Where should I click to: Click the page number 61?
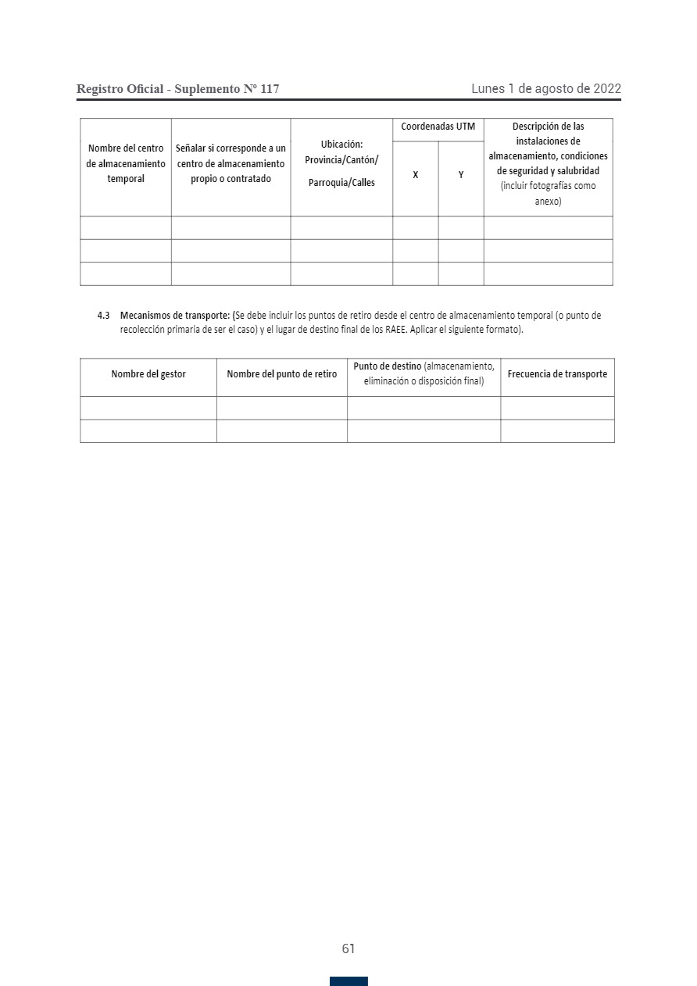tap(348, 948)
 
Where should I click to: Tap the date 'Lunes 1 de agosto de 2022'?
tap(545, 89)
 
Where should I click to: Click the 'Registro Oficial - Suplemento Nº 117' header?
tap(177, 89)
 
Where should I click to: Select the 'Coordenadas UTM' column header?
tap(438, 127)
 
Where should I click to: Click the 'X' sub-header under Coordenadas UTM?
tap(415, 175)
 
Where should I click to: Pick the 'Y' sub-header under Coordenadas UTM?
tap(461, 175)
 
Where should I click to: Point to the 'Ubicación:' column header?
tap(341, 145)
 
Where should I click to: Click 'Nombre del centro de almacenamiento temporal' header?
tap(126, 163)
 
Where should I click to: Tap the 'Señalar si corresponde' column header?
tap(231, 163)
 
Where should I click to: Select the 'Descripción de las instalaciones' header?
tap(548, 148)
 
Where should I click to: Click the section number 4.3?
tap(103, 316)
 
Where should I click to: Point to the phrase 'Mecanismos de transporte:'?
tap(175, 316)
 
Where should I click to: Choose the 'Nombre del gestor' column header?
tap(148, 374)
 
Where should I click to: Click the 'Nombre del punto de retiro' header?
tap(281, 374)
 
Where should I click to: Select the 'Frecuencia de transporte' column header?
tap(557, 374)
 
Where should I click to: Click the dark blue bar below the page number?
tap(348, 981)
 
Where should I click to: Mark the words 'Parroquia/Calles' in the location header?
tap(341, 183)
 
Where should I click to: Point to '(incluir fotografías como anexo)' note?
tap(548, 193)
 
